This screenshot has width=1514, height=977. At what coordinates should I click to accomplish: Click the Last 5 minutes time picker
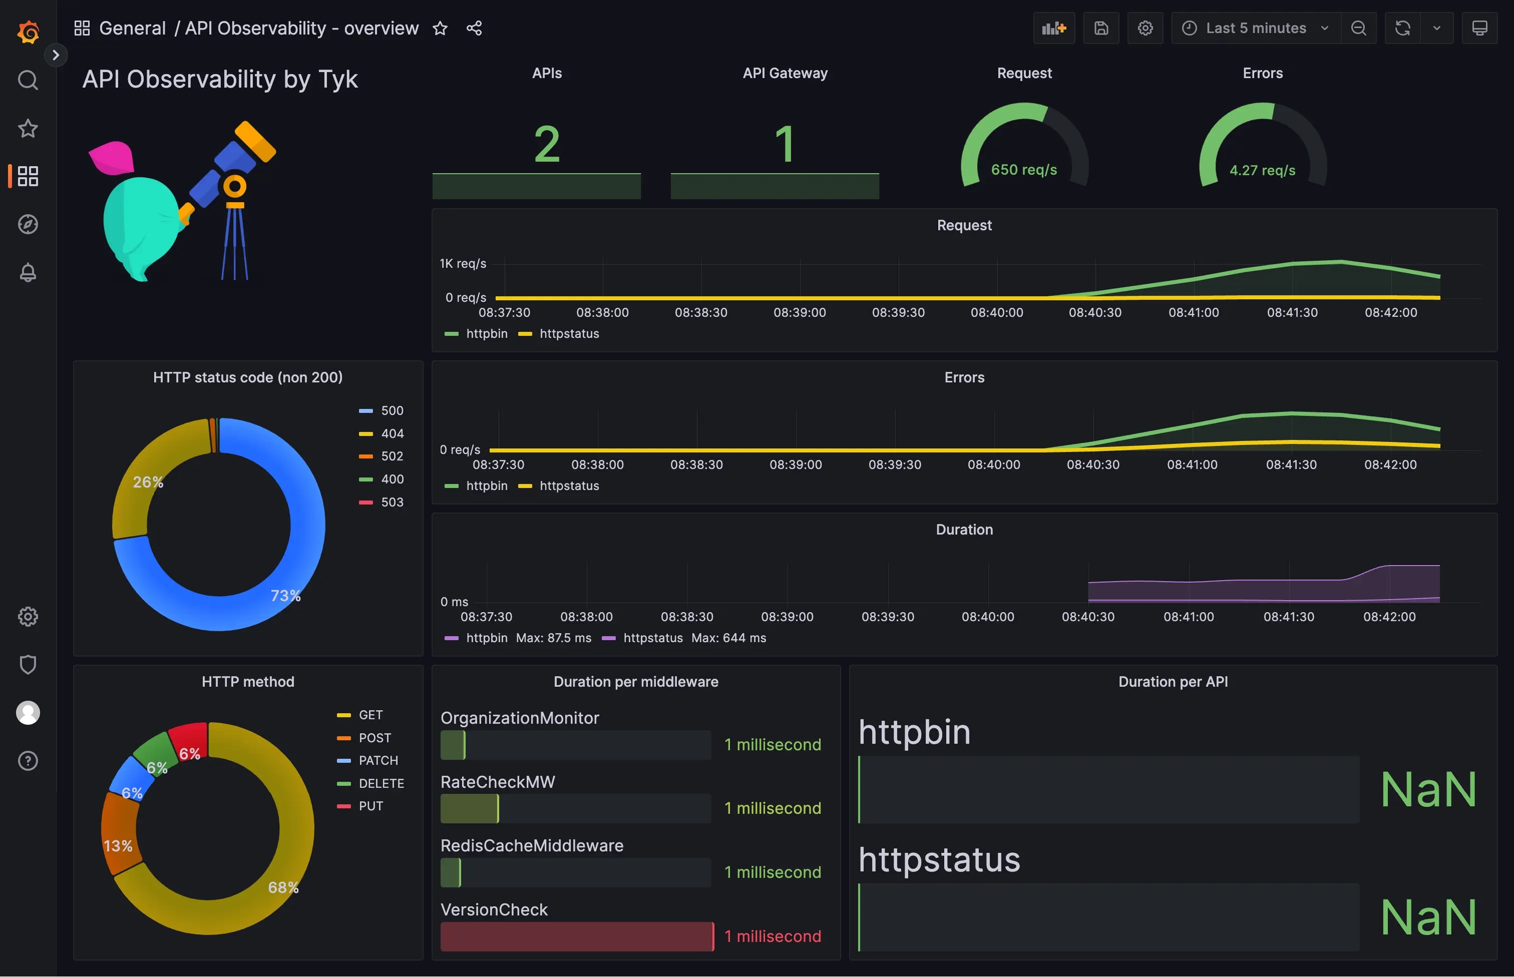(x=1255, y=28)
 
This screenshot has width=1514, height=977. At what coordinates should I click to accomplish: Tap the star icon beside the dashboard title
(x=440, y=29)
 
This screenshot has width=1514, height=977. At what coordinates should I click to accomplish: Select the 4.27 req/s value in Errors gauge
(x=1262, y=171)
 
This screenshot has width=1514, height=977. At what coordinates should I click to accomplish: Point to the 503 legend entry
(x=391, y=502)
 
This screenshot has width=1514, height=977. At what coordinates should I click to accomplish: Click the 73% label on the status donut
(x=285, y=596)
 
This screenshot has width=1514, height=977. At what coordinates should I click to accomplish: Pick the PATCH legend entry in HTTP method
(x=377, y=760)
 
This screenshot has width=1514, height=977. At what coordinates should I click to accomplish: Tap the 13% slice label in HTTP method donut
(x=118, y=846)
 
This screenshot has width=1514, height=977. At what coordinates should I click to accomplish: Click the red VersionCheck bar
(x=576, y=936)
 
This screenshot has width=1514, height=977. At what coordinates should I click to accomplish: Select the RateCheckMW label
(x=498, y=782)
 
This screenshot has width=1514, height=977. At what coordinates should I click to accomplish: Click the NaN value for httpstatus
(x=1428, y=917)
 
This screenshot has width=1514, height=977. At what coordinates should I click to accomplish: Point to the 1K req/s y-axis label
(x=463, y=263)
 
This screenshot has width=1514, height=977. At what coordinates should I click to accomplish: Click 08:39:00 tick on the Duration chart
(x=787, y=617)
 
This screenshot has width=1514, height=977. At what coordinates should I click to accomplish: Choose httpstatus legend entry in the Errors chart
(x=569, y=485)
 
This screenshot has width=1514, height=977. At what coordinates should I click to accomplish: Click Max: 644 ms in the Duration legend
(x=728, y=638)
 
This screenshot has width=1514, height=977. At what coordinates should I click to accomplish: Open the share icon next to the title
(x=474, y=29)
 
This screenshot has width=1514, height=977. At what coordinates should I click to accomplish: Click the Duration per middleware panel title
(x=636, y=681)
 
